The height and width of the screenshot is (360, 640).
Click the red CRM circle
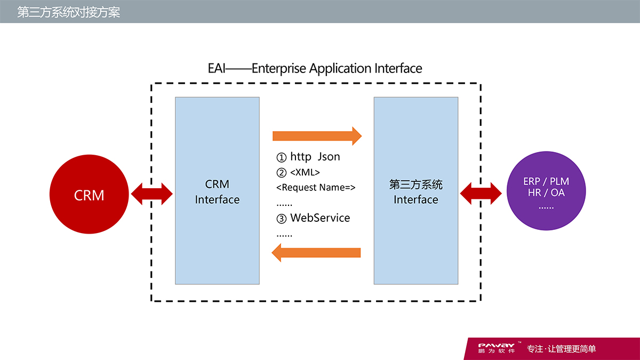(89, 195)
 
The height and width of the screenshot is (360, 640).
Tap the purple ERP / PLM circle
(546, 191)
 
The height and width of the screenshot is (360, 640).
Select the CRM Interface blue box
(217, 190)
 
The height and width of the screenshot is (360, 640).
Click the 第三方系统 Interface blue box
(415, 190)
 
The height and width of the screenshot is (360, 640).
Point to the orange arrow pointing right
(317, 136)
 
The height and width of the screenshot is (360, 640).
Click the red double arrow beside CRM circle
(152, 194)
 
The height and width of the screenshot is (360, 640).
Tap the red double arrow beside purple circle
(481, 193)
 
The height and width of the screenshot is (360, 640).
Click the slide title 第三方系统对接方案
(69, 12)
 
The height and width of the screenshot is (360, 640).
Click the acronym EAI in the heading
(217, 69)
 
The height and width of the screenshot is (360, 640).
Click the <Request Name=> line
(316, 187)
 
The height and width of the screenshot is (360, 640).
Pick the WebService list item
(320, 218)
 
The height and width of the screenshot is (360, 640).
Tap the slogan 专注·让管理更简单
(561, 349)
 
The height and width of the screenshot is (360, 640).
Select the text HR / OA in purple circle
(546, 193)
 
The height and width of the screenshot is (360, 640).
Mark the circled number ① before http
(282, 157)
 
